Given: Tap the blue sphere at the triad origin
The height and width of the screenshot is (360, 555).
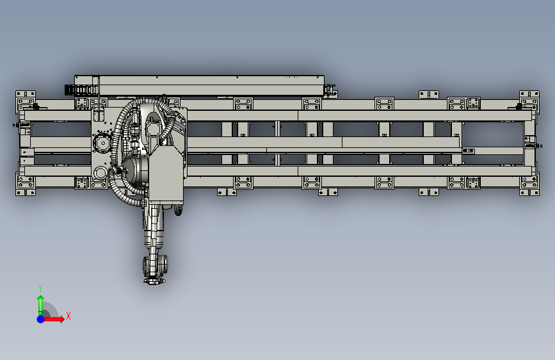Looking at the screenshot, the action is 41,319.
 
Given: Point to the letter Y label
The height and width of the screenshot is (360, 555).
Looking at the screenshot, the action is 40,288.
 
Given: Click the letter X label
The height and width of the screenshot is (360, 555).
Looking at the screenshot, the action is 68,316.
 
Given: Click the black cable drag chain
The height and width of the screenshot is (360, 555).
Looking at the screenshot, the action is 80,90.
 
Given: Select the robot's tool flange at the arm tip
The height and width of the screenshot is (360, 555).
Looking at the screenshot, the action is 154,281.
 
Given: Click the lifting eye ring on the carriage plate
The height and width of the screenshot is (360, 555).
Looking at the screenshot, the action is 101,173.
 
